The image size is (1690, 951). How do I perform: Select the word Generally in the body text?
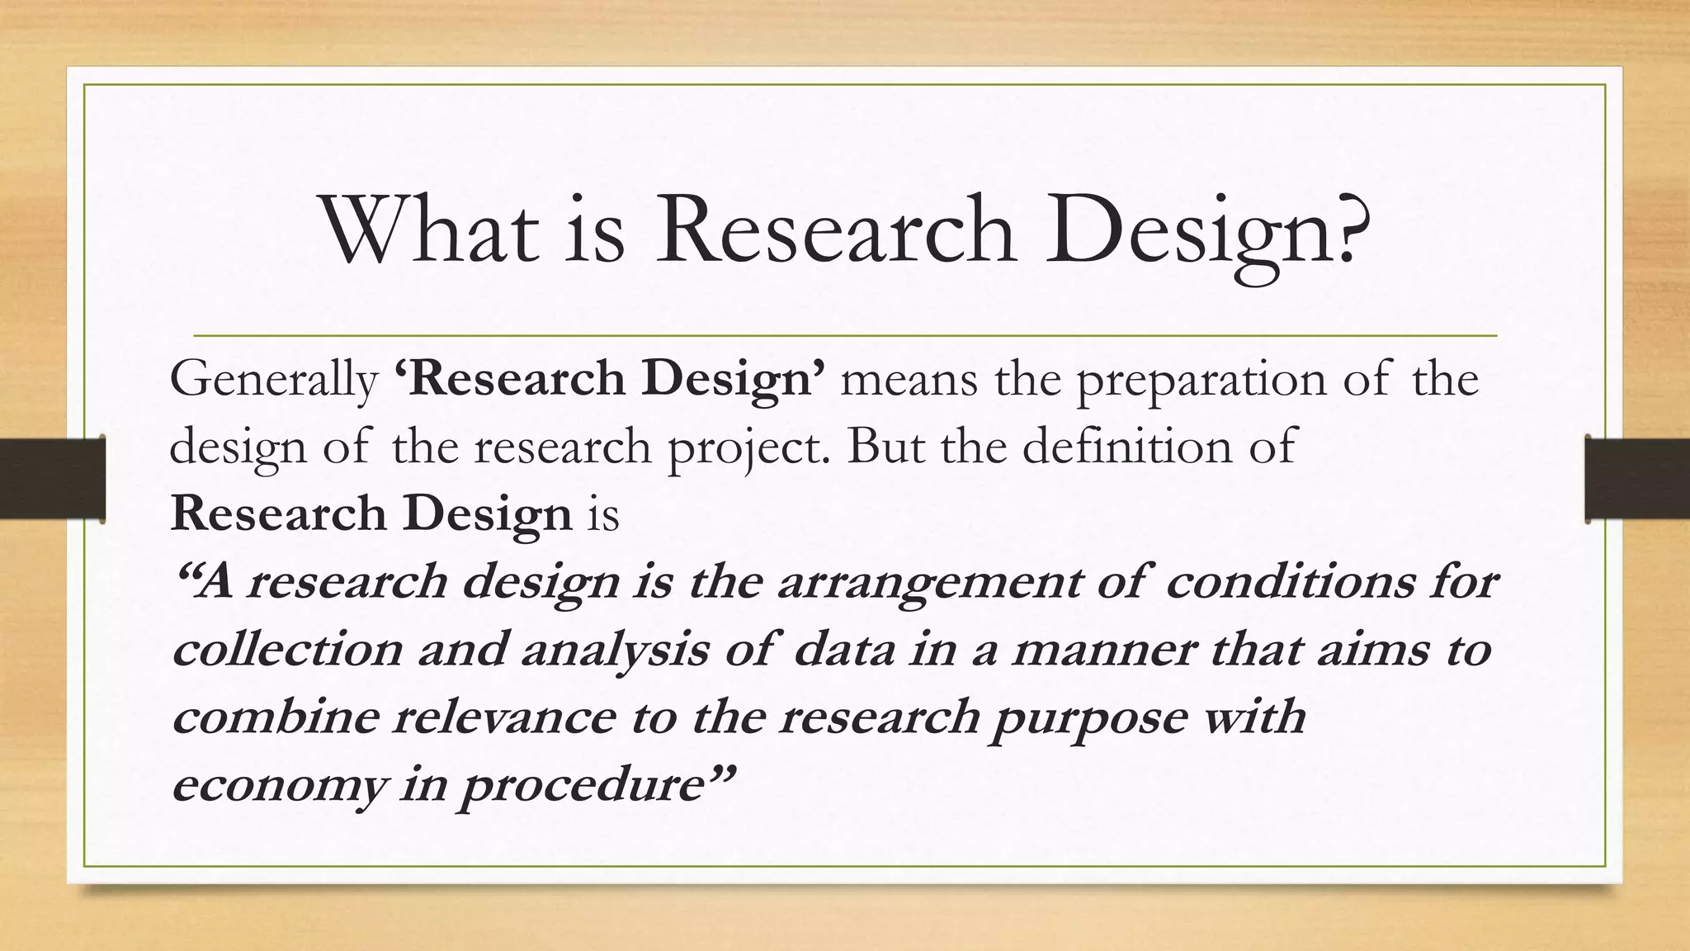[x=273, y=381]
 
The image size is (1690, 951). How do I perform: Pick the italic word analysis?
[x=615, y=651]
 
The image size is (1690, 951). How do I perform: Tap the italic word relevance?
[x=503, y=717]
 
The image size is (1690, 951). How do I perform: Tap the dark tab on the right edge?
[x=1637, y=480]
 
